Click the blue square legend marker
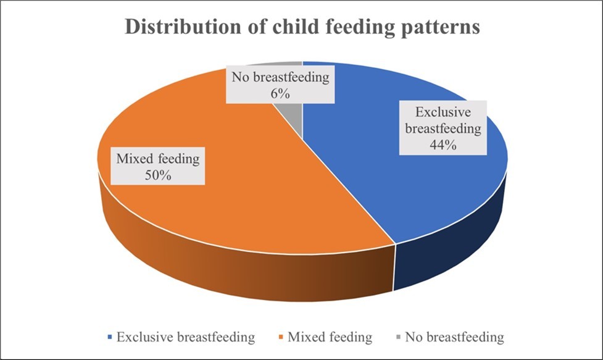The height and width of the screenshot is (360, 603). pos(110,338)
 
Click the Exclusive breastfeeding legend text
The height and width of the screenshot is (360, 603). pos(186,338)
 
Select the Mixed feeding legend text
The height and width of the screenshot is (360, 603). pos(330,338)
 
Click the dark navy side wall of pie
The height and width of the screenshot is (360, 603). pos(451,247)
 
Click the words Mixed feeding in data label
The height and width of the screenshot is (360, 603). pos(159,159)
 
